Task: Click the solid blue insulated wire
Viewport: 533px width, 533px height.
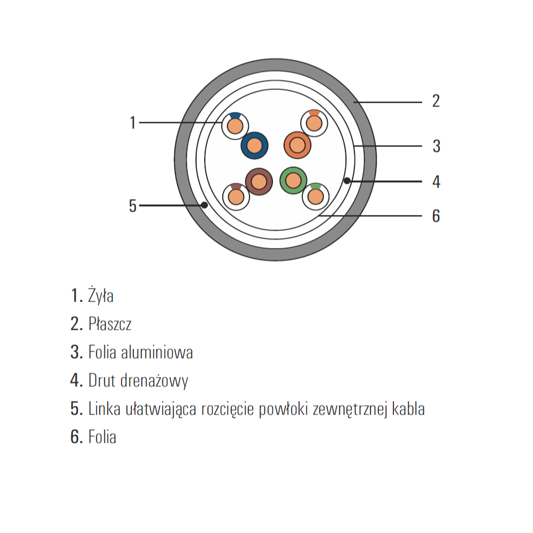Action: (x=254, y=146)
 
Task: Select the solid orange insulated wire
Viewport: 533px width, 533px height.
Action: (x=297, y=145)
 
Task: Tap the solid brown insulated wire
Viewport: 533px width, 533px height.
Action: (x=259, y=182)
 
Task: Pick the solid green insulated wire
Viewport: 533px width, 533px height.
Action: (x=293, y=181)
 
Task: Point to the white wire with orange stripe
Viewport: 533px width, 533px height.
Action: (x=314, y=123)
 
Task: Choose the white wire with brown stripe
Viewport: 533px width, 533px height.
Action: (x=236, y=197)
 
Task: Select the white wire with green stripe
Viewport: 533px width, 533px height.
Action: (x=316, y=197)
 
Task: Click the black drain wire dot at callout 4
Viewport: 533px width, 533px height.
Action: (x=347, y=181)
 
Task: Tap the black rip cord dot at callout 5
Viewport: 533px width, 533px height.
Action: (x=204, y=205)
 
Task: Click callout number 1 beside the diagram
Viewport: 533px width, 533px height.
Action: (x=133, y=123)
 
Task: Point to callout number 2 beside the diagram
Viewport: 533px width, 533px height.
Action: (x=436, y=101)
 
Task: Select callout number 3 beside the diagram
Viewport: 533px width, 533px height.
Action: (x=436, y=146)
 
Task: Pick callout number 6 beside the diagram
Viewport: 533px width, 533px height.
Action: (x=436, y=216)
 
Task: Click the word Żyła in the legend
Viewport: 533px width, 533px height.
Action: (x=101, y=295)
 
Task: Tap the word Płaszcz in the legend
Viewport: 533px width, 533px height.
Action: (x=110, y=324)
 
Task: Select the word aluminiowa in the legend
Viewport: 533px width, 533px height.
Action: (x=157, y=352)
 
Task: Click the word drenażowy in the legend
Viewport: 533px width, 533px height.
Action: (x=155, y=381)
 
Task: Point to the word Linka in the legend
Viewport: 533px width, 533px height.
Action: (x=104, y=409)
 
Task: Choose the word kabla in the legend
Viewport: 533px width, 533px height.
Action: (x=408, y=409)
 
